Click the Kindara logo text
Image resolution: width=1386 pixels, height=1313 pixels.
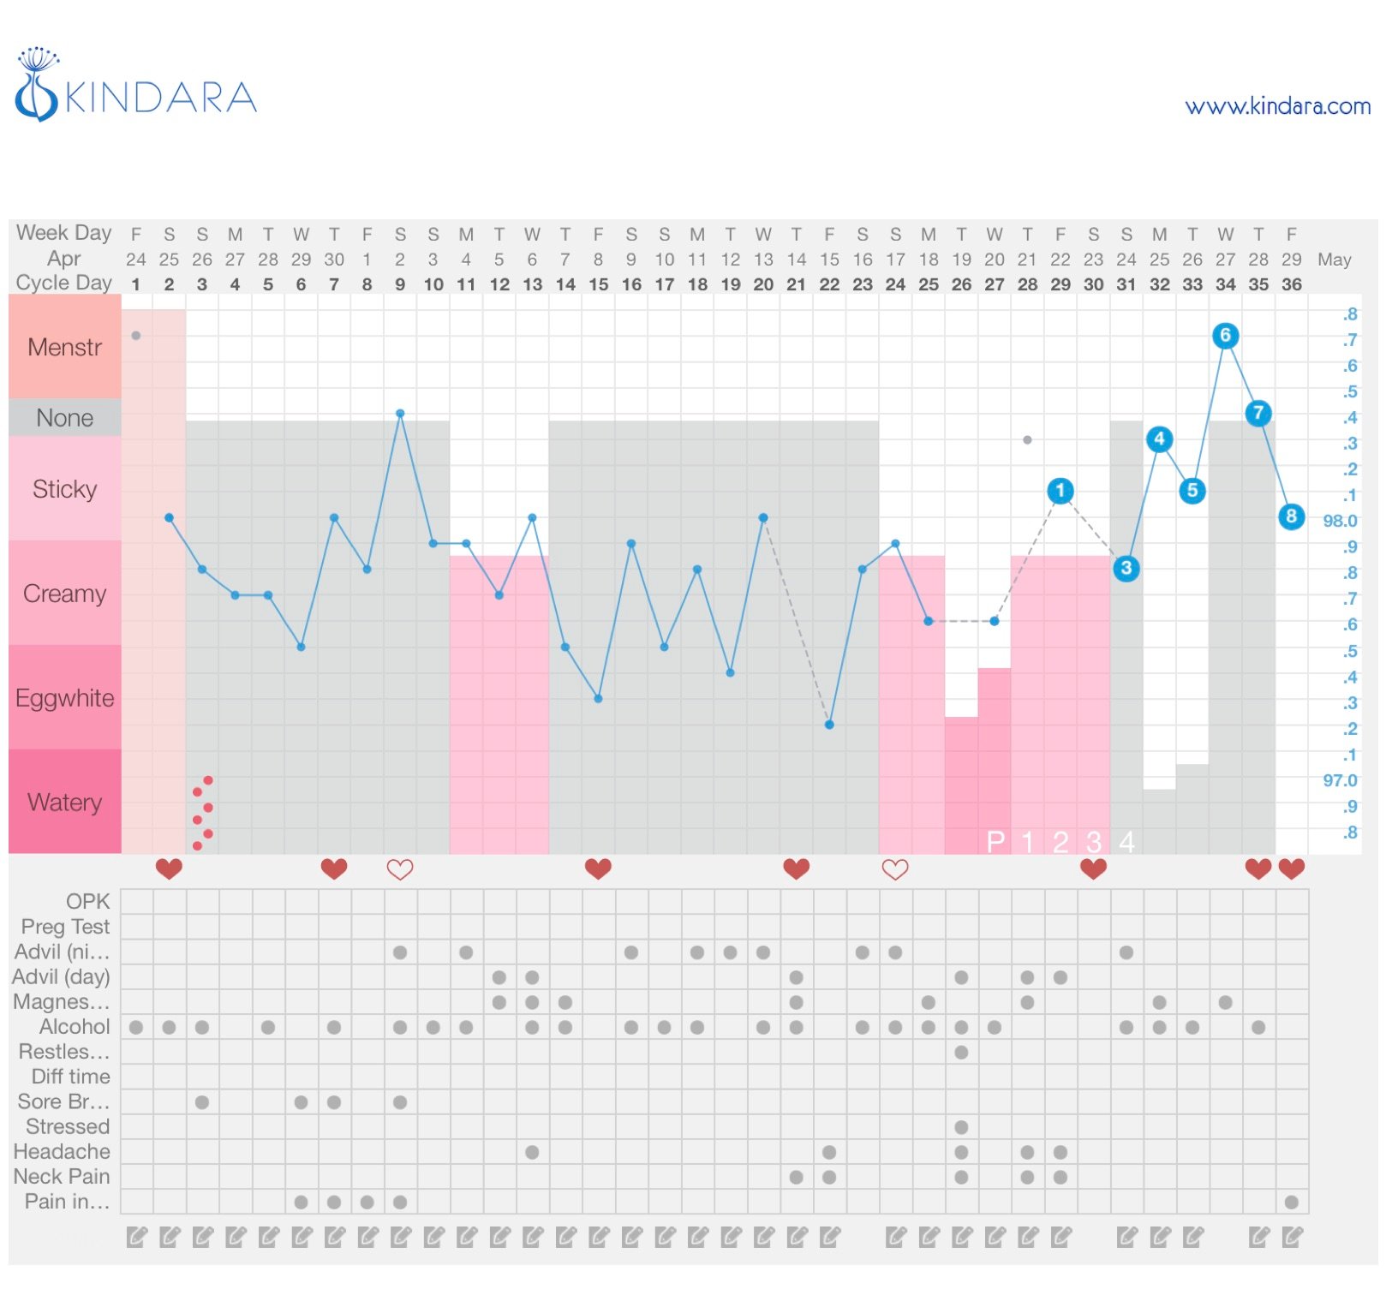(160, 97)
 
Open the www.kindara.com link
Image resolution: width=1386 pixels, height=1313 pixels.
(1276, 106)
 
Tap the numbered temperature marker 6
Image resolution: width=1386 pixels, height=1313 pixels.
(1225, 336)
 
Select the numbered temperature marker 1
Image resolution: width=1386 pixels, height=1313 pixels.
(1060, 491)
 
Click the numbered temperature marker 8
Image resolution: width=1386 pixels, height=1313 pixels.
(1291, 516)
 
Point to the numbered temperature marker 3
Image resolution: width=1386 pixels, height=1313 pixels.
(1126, 568)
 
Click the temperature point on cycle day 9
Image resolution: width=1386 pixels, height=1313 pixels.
(400, 414)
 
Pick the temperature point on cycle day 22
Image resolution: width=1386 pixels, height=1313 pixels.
(829, 725)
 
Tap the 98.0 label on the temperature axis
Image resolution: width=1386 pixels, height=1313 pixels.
(1340, 521)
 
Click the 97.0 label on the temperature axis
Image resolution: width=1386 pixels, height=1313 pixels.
(1340, 780)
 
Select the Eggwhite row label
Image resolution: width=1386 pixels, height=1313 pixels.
(65, 698)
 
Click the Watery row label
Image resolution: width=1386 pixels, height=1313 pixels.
(65, 803)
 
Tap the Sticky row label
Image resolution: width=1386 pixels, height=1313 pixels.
(65, 489)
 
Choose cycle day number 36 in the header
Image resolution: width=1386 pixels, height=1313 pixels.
(1291, 284)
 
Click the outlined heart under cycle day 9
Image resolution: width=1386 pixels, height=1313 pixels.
(400, 869)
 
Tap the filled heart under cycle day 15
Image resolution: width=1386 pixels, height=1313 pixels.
(598, 869)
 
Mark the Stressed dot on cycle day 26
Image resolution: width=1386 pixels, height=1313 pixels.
(961, 1127)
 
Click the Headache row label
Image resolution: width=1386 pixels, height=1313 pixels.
(62, 1151)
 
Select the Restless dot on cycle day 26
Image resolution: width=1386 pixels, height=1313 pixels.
(961, 1052)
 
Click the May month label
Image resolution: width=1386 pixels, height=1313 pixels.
(1334, 260)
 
